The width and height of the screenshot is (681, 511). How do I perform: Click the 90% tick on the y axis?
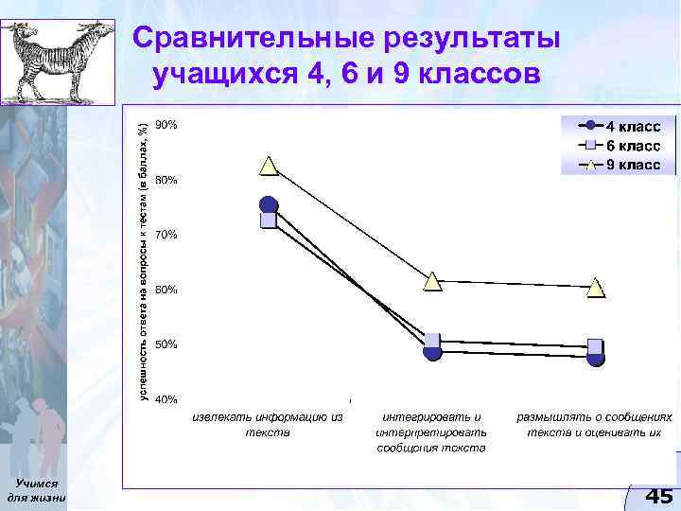point(166,125)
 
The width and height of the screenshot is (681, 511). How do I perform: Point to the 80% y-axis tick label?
point(166,180)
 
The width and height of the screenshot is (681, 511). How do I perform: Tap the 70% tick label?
point(166,235)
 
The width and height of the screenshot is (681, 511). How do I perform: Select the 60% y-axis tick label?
point(166,290)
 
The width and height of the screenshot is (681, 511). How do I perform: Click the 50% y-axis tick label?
point(166,344)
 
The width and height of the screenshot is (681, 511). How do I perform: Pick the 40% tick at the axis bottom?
point(166,399)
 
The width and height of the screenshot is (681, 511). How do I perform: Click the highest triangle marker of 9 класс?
point(269,167)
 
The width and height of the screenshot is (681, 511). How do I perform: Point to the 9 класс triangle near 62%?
point(432,280)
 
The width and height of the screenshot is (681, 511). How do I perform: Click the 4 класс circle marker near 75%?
point(269,205)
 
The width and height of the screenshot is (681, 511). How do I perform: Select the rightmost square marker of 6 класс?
point(595,346)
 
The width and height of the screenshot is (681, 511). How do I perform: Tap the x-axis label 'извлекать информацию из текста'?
point(268,424)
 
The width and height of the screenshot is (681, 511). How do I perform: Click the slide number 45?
point(658,496)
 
